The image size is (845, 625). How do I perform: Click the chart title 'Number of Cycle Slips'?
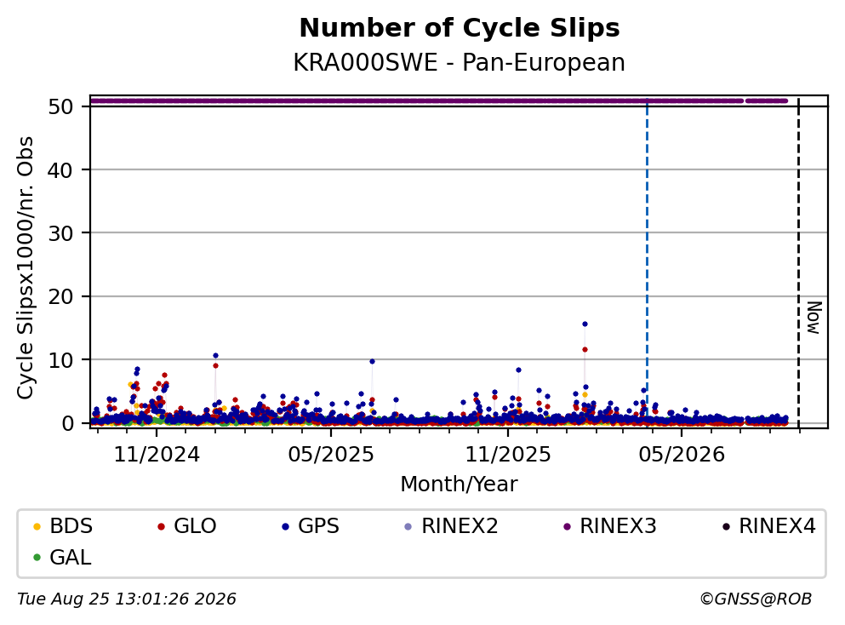[460, 28]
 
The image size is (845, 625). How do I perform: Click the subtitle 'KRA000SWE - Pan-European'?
[460, 62]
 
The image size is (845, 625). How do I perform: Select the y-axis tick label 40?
[60, 169]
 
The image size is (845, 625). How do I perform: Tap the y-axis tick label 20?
[60, 296]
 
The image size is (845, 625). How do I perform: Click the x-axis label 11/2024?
[157, 455]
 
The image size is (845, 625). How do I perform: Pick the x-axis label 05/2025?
[331, 455]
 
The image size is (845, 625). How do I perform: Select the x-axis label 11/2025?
[508, 455]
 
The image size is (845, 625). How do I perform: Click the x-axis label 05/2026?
[682, 455]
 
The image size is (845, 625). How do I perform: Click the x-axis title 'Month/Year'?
[459, 485]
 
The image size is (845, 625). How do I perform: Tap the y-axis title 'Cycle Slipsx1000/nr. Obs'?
[25, 268]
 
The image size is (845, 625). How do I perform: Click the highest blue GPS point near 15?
[585, 324]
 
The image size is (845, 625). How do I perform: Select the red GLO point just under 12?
[585, 349]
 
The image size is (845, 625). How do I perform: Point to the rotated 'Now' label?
[814, 318]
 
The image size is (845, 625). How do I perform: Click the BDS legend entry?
[62, 525]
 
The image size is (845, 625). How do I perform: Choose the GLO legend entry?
[186, 525]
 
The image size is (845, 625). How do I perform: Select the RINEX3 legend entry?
[610, 525]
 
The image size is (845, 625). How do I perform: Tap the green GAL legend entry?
[62, 557]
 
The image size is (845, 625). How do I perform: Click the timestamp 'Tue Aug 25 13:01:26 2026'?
[127, 599]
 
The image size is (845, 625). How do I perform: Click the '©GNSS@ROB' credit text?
[756, 599]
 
